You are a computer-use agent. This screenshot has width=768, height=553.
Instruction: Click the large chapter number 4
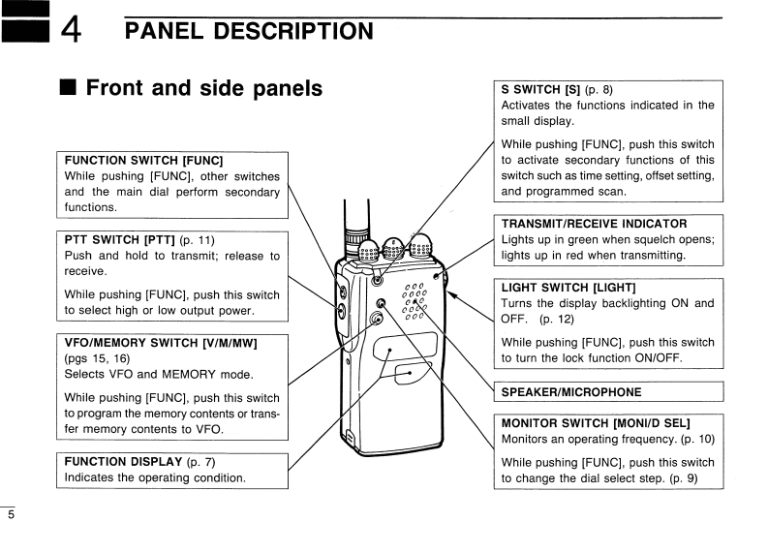point(71,31)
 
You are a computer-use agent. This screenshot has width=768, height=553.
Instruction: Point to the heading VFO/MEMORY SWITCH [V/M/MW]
point(161,342)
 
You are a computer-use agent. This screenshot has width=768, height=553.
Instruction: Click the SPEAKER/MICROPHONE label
point(570,392)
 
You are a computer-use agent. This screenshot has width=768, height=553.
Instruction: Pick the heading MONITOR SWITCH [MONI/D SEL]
point(595,423)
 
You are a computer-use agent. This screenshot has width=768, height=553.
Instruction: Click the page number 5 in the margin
point(12,514)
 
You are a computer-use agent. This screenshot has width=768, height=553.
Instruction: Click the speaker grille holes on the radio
point(415,301)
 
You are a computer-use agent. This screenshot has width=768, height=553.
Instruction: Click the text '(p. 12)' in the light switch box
point(557,319)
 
